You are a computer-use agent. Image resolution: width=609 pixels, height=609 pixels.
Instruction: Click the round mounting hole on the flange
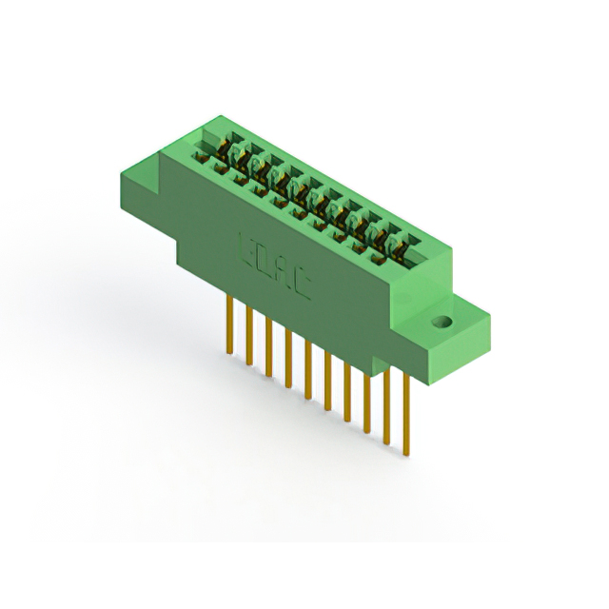[x=441, y=322]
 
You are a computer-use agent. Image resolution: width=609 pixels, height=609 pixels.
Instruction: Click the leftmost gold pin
[x=229, y=324]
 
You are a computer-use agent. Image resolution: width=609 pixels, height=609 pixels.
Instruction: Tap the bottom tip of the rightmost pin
[x=406, y=453]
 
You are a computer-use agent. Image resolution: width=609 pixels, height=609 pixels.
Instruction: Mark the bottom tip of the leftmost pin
[x=229, y=353]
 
